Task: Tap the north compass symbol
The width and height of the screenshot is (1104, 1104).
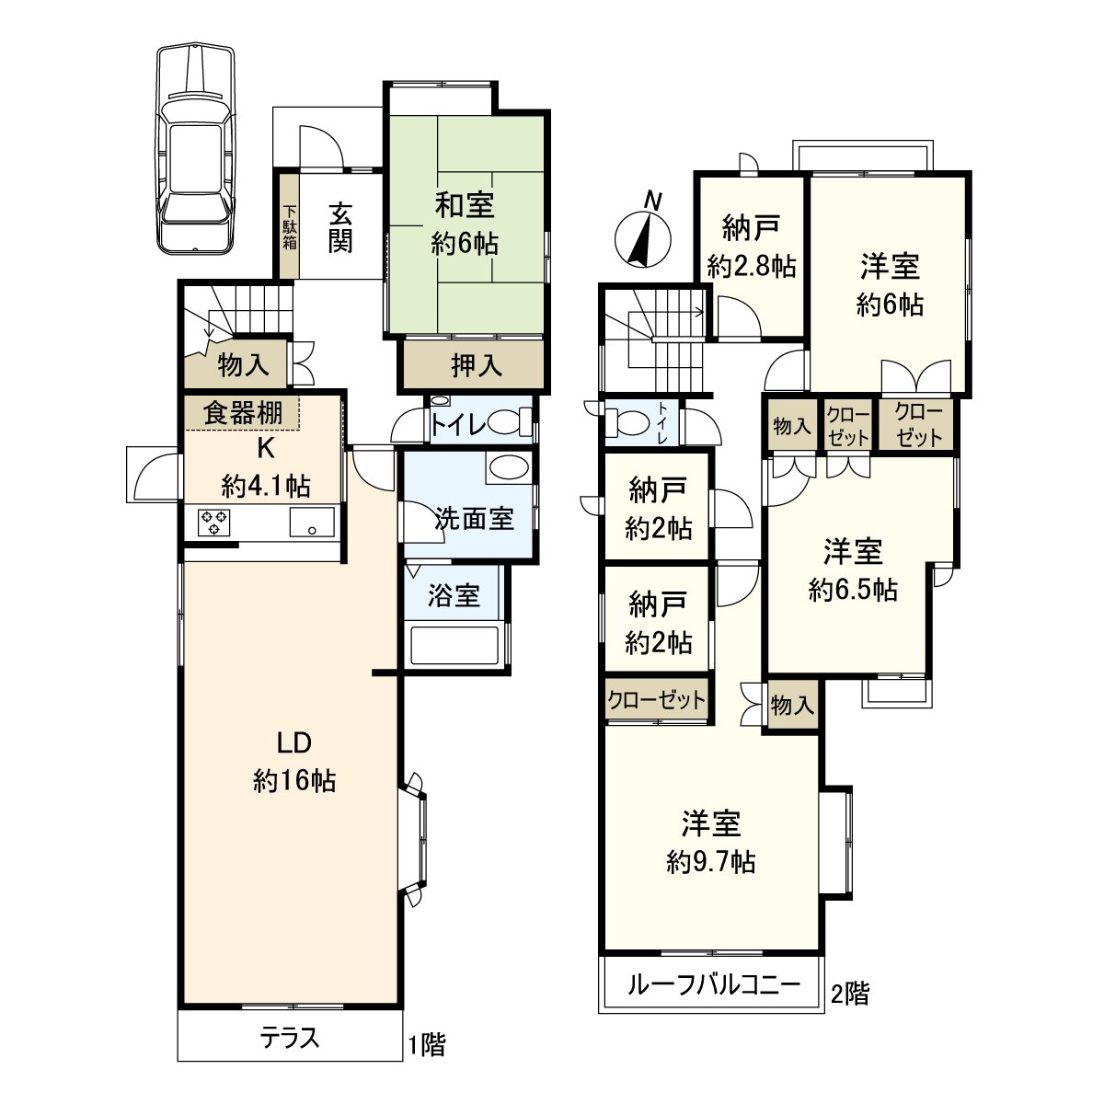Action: click(x=641, y=236)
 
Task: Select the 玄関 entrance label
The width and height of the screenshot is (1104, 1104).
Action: click(x=340, y=226)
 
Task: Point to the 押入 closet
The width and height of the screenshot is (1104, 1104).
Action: click(x=477, y=365)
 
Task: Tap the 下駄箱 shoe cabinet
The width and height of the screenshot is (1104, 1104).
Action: click(x=290, y=226)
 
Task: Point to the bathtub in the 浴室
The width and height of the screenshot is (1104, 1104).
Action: click(x=454, y=645)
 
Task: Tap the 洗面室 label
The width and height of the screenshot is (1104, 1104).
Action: click(x=474, y=518)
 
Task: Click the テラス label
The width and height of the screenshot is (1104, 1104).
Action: click(x=290, y=1039)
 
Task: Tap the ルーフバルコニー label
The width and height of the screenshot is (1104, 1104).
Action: click(x=713, y=985)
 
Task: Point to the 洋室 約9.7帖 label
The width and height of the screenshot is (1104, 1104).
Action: click(x=711, y=842)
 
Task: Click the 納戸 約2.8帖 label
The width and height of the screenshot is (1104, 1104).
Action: click(x=752, y=246)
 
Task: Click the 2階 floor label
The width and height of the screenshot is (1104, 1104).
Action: click(x=849, y=994)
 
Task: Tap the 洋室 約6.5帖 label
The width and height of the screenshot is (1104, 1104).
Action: click(x=853, y=570)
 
